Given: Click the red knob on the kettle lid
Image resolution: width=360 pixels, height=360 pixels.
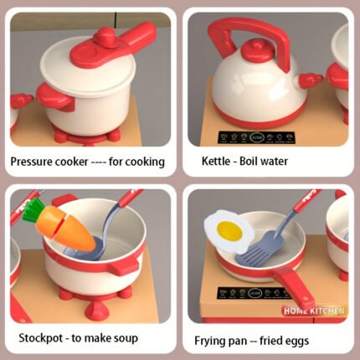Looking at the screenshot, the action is [x=257, y=50].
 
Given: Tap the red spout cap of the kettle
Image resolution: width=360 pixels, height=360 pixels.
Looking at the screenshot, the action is [x=310, y=80].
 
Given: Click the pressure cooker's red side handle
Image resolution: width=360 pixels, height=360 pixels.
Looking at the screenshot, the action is [x=56, y=97].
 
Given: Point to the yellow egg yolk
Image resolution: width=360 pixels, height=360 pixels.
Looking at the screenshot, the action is [x=229, y=230].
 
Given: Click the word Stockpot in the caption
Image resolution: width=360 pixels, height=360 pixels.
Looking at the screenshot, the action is [x=41, y=338].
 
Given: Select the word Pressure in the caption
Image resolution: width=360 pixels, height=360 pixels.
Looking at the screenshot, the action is [x=31, y=162].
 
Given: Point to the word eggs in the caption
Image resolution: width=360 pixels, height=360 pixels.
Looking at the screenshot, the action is [x=298, y=341].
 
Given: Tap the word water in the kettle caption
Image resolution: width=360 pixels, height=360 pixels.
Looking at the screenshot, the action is [x=275, y=162].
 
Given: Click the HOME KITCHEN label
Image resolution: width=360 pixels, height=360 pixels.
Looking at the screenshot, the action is [x=314, y=311].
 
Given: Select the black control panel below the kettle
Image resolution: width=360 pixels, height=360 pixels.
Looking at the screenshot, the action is [x=256, y=137].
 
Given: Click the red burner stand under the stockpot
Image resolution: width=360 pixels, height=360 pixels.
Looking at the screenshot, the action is [x=95, y=300].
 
